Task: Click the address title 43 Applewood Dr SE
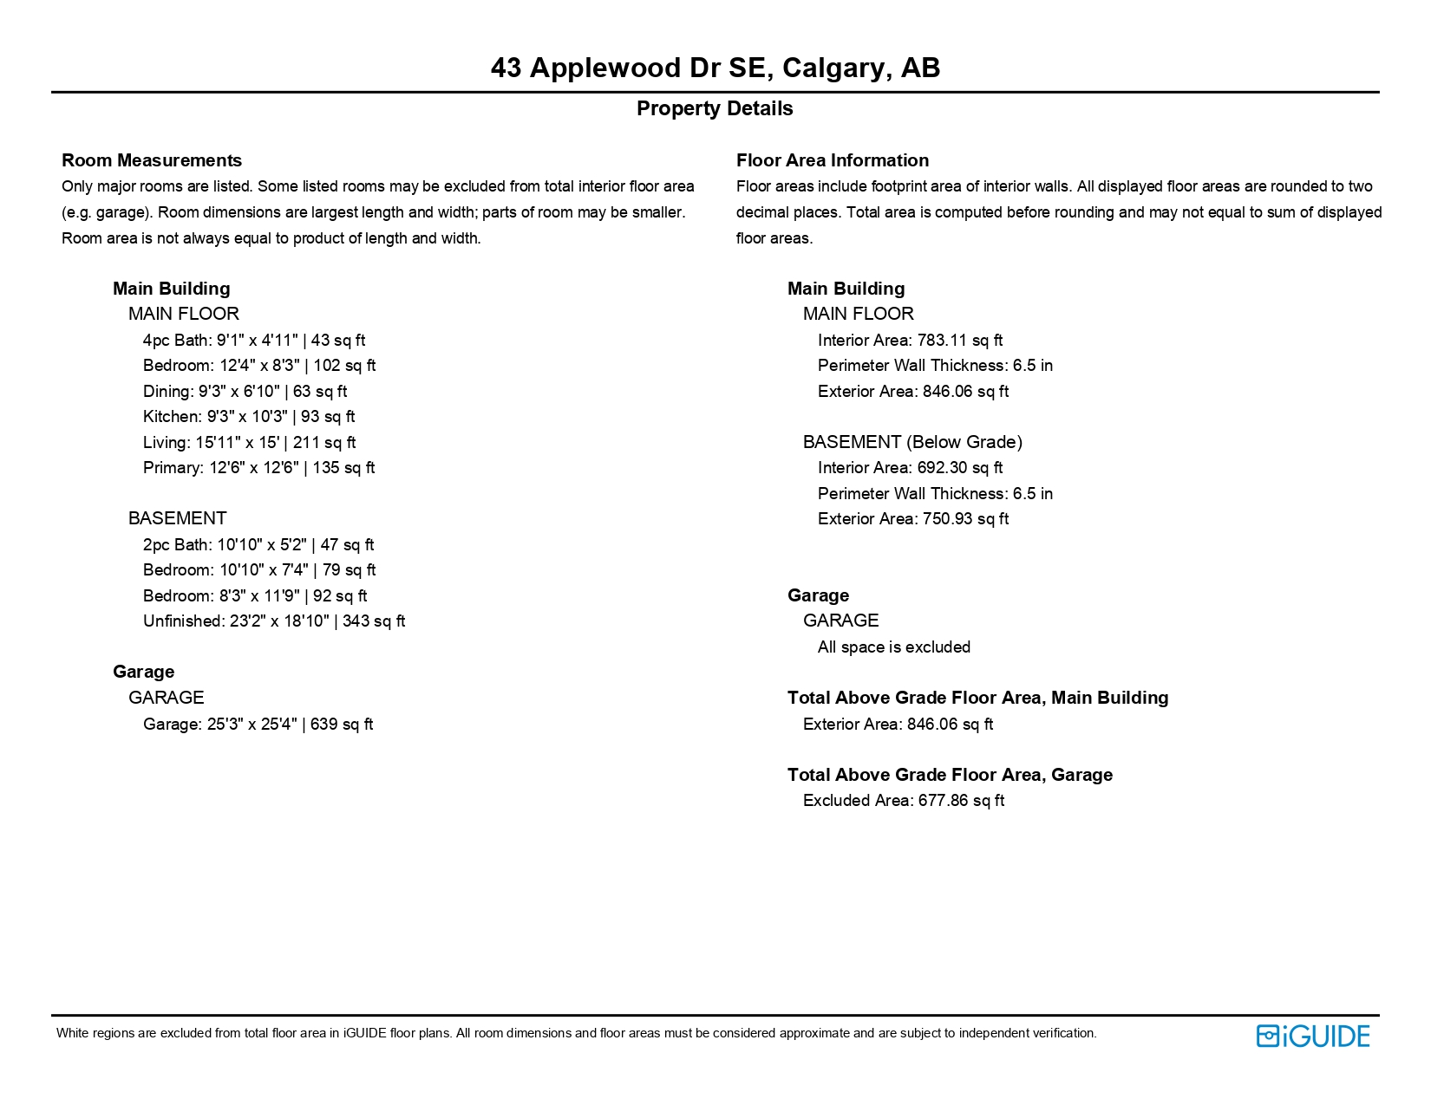point(715,68)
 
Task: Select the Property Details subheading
point(715,108)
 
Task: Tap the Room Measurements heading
point(152,160)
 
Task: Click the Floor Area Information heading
point(832,160)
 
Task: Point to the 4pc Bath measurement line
point(254,340)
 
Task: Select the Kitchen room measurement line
point(249,417)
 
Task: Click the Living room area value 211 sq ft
point(324,443)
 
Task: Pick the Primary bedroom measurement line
point(258,468)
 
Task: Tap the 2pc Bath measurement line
point(258,544)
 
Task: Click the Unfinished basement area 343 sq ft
point(374,621)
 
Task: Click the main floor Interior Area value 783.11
point(959,340)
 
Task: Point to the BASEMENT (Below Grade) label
point(912,442)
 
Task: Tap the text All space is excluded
point(893,647)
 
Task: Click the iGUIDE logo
point(1312,1036)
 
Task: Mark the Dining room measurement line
point(245,392)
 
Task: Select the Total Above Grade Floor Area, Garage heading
point(950,775)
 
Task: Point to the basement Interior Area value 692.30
point(959,468)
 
